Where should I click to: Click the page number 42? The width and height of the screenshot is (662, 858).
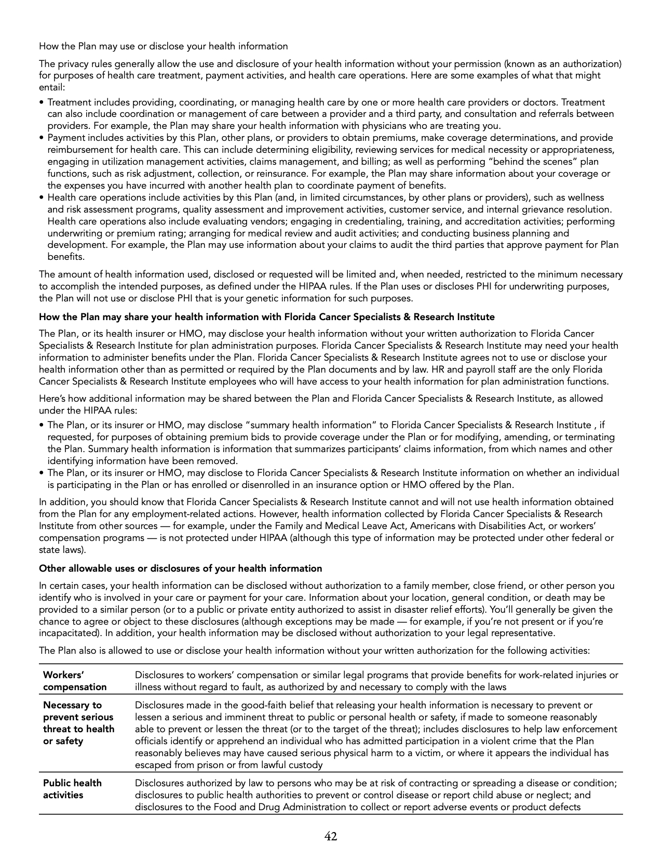coord(331,836)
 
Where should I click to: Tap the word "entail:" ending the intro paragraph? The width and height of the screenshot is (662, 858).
coord(52,87)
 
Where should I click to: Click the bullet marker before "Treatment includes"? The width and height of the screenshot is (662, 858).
coord(42,103)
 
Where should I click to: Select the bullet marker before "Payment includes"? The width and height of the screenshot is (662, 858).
coord(42,138)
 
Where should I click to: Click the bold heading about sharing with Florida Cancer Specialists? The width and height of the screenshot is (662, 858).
coord(267,317)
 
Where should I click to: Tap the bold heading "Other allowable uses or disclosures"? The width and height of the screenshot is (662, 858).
coord(181,569)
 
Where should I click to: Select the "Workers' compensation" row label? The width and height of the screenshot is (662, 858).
coord(74,681)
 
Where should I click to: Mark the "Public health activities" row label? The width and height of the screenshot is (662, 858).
coord(72,789)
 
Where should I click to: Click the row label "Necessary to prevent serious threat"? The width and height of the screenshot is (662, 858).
coord(78,723)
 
